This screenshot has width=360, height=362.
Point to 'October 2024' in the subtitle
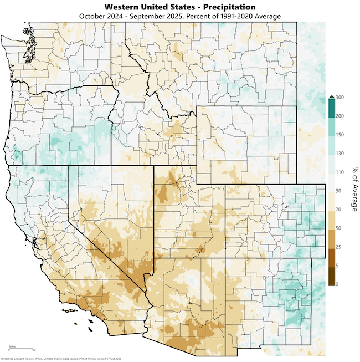pyautogui.click(x=105, y=16)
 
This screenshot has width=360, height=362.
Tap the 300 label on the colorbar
pyautogui.click(x=340, y=98)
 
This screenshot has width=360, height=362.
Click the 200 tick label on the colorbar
pyautogui.click(x=340, y=116)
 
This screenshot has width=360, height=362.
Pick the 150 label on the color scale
pyautogui.click(x=340, y=135)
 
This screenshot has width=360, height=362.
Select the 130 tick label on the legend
pyautogui.click(x=340, y=154)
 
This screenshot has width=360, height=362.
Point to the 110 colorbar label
pyautogui.click(x=340, y=172)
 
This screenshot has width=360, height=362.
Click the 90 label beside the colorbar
pyautogui.click(x=338, y=191)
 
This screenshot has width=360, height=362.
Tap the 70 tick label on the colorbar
pyautogui.click(x=338, y=210)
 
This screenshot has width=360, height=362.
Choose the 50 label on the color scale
pyautogui.click(x=338, y=228)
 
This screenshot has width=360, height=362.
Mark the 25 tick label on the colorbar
pyautogui.click(x=338, y=247)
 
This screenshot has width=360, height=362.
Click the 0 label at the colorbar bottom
pyautogui.click(x=337, y=284)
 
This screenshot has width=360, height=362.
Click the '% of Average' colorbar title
pyautogui.click(x=353, y=191)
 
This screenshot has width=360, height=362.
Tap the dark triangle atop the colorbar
pyautogui.click(x=331, y=96)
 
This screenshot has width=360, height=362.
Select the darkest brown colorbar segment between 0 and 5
pyautogui.click(x=331, y=276)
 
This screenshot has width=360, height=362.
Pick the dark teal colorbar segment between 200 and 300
pyautogui.click(x=331, y=108)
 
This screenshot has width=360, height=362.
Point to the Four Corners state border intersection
pyautogui.click(x=225, y=257)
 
